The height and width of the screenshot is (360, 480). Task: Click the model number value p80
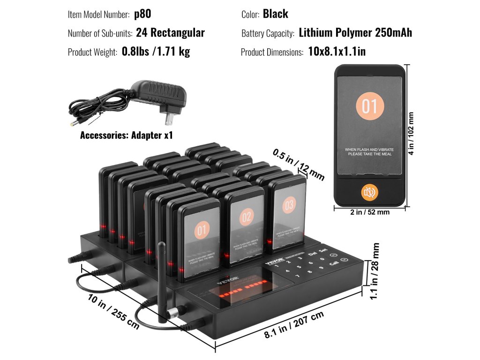pyautogui.click(x=142, y=14)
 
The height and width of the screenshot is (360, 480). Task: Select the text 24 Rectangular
pyautogui.click(x=170, y=33)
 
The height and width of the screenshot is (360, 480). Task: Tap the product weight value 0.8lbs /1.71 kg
pyautogui.click(x=156, y=52)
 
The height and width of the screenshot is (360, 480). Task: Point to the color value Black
pyautogui.click(x=275, y=14)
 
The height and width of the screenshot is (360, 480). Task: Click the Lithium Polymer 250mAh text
pyautogui.click(x=355, y=33)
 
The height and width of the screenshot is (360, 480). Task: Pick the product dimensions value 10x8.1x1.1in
pyautogui.click(x=337, y=52)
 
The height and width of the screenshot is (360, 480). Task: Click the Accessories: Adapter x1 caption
pyautogui.click(x=127, y=135)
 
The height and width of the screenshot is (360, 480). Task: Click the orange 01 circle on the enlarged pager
pyautogui.click(x=370, y=107)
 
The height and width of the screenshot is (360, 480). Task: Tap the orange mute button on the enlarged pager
pyautogui.click(x=370, y=192)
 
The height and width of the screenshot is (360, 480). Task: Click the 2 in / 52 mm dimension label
pyautogui.click(x=370, y=212)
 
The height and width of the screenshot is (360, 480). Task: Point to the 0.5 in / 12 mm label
pyautogui.click(x=299, y=164)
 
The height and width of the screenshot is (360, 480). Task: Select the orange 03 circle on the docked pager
pyautogui.click(x=289, y=204)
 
